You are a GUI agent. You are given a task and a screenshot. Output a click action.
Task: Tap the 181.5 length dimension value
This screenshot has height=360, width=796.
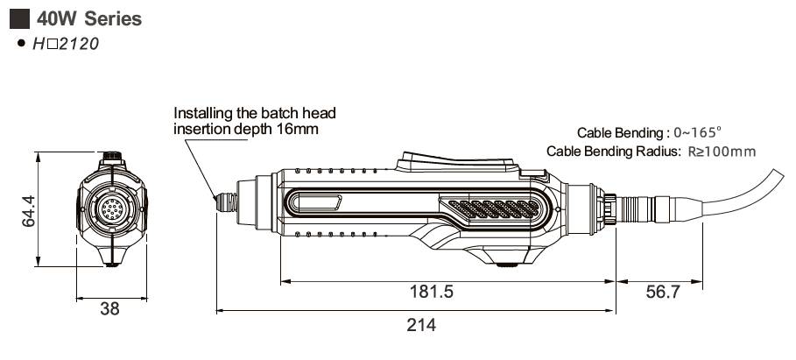click(433, 293)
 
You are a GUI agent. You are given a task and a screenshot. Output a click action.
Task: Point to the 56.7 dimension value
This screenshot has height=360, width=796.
click(662, 293)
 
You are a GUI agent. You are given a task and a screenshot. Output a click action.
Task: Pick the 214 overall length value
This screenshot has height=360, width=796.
click(421, 325)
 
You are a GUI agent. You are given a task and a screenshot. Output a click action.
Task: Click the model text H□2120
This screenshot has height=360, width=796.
click(66, 42)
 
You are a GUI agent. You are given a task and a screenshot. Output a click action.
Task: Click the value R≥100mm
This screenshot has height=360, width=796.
click(722, 151)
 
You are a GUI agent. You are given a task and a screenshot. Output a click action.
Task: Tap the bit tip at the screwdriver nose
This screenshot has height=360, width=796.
click(216, 200)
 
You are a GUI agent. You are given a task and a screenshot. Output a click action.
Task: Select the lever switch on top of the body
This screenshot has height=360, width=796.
click(455, 162)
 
